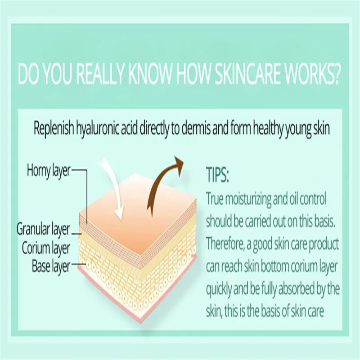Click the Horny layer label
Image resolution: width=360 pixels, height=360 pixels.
click(x=49, y=171)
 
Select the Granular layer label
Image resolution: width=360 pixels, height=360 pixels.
click(x=43, y=229)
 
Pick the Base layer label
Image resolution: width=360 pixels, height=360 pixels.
click(x=51, y=267)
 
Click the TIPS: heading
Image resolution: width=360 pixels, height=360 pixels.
click(x=217, y=175)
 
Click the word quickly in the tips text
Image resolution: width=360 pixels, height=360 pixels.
click(x=219, y=289)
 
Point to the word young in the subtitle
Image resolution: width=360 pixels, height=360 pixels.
click(x=299, y=129)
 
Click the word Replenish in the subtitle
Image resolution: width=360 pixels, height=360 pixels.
click(x=54, y=128)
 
